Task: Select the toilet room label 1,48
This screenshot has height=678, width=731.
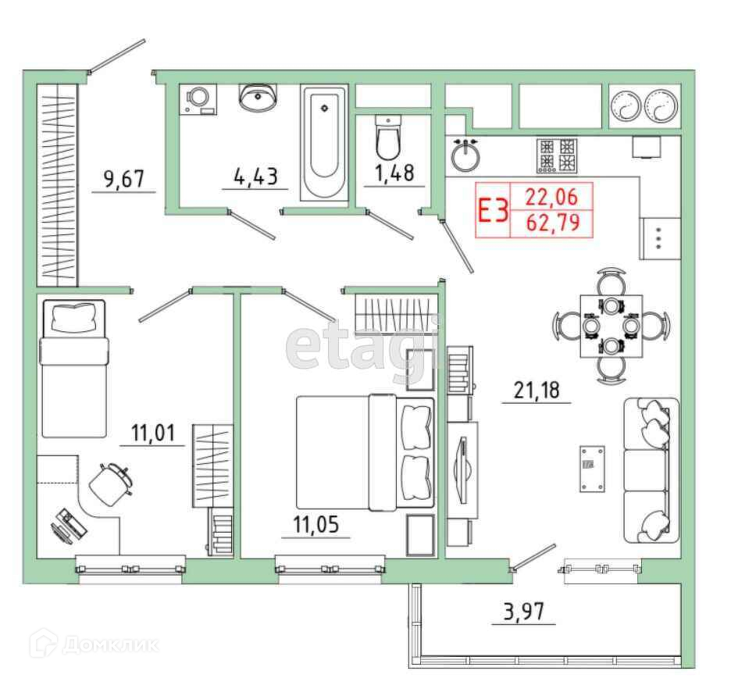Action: point(394,173)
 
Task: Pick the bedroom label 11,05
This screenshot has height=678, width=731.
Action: point(316,525)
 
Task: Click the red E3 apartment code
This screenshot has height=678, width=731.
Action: point(493,211)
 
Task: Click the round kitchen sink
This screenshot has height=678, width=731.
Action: point(465,154)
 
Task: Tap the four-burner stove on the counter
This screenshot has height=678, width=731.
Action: point(558,154)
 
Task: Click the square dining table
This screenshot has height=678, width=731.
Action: point(611,325)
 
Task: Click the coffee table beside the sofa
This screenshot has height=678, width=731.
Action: point(592,469)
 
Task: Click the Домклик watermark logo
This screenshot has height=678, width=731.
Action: point(94,644)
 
